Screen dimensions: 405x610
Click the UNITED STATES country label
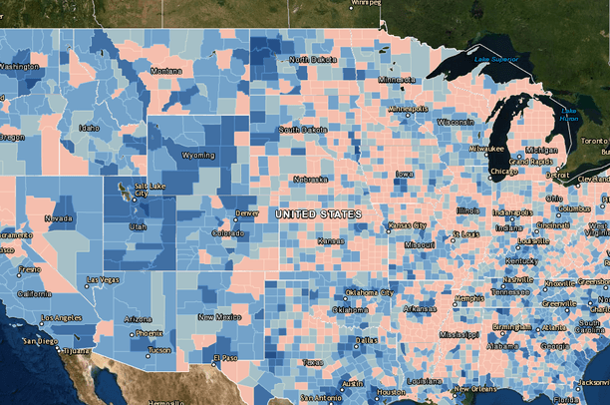click(x=318, y=214)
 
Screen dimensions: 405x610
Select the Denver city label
click(x=246, y=213)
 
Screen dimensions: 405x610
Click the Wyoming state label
click(x=198, y=155)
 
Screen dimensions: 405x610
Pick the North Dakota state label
click(x=313, y=60)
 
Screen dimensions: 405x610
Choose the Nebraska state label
click(x=310, y=180)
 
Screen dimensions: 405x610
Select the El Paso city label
click(x=227, y=357)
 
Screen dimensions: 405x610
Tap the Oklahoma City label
click(x=369, y=292)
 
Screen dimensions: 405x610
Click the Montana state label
click(x=165, y=71)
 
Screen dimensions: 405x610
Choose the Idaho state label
click(x=90, y=128)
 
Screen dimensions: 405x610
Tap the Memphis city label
click(x=469, y=298)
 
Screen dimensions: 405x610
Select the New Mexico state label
click(x=218, y=316)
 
